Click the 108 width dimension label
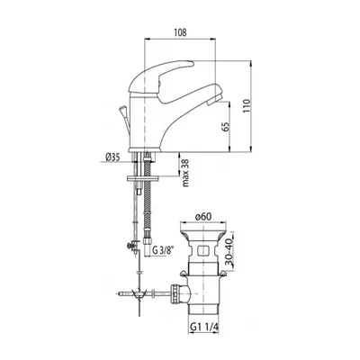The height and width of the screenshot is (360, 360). tap(180, 32)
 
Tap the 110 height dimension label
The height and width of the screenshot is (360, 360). tap(247, 105)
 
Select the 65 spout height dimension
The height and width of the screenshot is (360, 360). tap(226, 127)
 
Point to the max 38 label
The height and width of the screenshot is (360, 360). tap(186, 173)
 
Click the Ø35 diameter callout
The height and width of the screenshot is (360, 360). tap(112, 157)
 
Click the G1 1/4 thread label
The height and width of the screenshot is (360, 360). tap(204, 327)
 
